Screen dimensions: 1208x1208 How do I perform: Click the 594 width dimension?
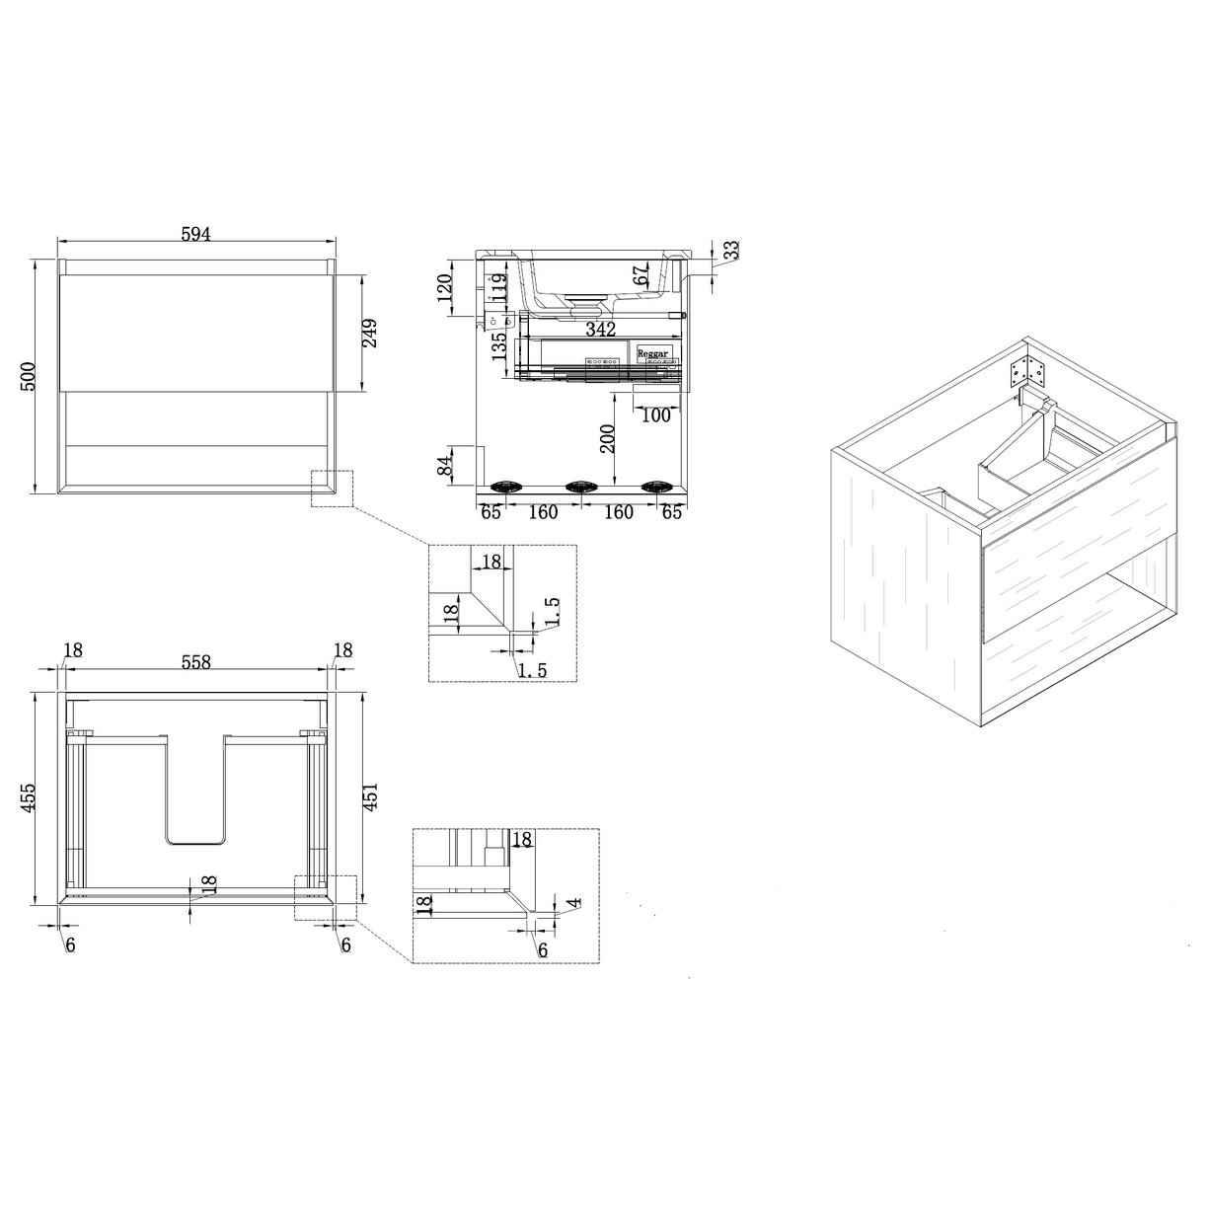(195, 233)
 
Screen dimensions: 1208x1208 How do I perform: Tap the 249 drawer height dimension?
(372, 334)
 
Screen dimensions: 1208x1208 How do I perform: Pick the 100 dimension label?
(654, 415)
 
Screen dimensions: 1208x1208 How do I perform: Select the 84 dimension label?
(445, 463)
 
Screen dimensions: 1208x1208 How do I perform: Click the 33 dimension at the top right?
(731, 251)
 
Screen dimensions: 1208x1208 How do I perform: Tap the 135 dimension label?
(498, 345)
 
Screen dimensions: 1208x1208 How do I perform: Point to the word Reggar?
(652, 351)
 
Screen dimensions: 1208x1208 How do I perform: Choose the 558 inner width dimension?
(195, 663)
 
